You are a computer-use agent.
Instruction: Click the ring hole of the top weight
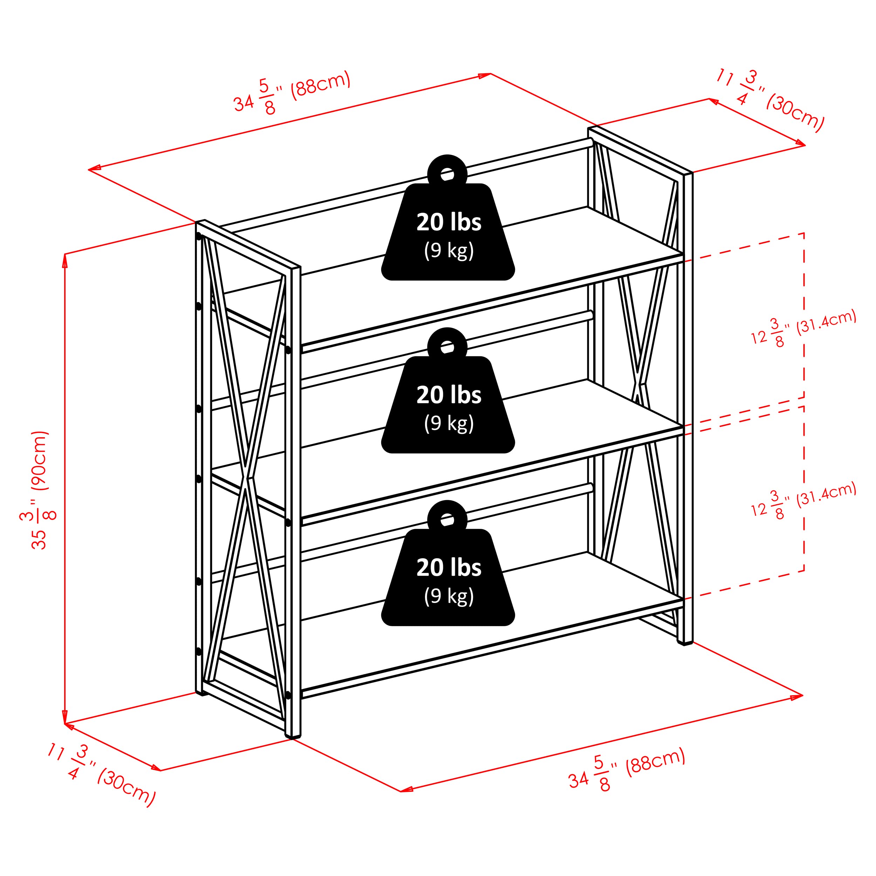pos(447,174)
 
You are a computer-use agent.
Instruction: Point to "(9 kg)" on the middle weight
pos(449,423)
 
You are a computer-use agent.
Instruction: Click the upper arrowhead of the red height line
pos(65,259)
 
